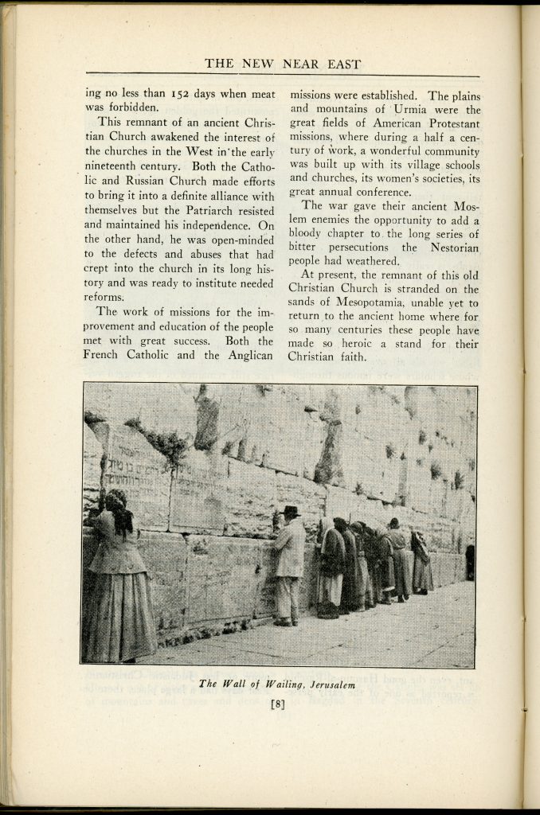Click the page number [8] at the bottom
pos(278,704)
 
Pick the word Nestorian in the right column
pos(452,247)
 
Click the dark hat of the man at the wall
pos(291,512)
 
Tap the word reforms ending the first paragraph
pos(103,296)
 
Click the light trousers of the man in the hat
pos(287,597)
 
